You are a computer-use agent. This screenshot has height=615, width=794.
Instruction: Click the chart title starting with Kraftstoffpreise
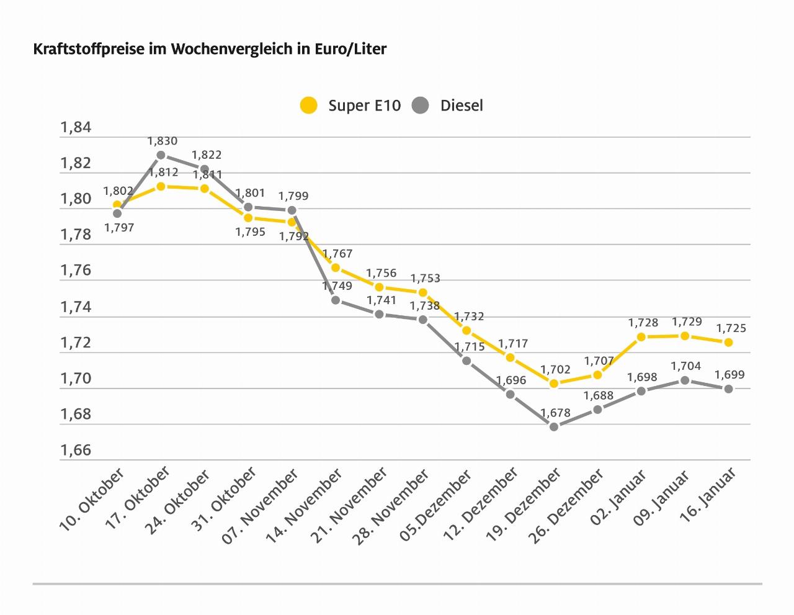tap(210, 49)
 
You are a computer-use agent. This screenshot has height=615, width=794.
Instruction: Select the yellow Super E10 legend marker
tap(308, 105)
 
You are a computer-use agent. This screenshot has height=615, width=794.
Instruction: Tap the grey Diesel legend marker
tap(421, 105)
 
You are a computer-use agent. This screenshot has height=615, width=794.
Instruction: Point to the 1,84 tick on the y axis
tap(76, 128)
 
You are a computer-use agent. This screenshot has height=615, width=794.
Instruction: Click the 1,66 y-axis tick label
tap(76, 451)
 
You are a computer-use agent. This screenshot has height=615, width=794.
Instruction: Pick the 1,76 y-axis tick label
tap(76, 271)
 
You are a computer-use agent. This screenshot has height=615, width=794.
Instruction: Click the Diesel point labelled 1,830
tap(161, 155)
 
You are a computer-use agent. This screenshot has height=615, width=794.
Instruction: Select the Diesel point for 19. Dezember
tap(554, 426)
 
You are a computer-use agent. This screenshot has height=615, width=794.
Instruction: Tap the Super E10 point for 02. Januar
tap(641, 337)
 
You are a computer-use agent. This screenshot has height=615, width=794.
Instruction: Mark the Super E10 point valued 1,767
tap(336, 267)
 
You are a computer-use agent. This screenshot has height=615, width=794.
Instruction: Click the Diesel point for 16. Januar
tap(729, 389)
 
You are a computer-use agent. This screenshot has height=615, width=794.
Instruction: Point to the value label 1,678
tap(555, 413)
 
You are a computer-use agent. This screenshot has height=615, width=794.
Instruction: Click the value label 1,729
tap(687, 322)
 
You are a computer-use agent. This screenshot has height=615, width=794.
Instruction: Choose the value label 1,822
tap(207, 155)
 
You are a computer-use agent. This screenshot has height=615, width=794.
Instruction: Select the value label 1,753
tap(425, 279)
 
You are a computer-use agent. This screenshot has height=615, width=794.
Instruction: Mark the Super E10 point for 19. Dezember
tap(554, 384)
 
